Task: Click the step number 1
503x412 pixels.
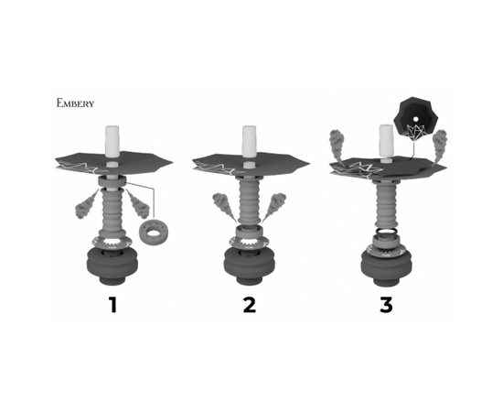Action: (112, 303)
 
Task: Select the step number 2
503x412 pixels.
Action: (249, 303)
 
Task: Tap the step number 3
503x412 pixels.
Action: (386, 303)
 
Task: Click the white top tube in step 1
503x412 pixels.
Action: (112, 138)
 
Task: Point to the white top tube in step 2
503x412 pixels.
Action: (249, 138)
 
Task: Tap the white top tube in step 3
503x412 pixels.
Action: (386, 140)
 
